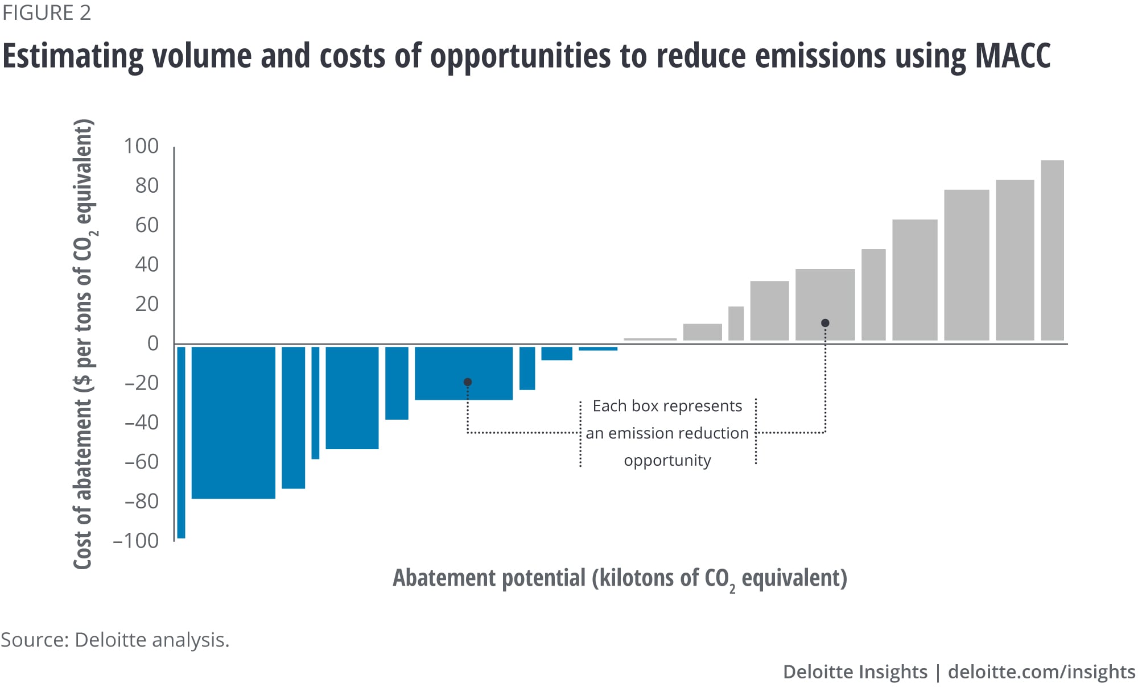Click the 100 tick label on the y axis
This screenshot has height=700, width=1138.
coord(141,146)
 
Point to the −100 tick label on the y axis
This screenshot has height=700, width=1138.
coord(136,541)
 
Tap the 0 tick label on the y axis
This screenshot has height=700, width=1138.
coord(152,343)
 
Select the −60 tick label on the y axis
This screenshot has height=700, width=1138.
coord(142,462)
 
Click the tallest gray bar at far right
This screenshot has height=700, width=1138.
coord(1052,250)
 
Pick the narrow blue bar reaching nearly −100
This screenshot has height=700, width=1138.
coord(181,442)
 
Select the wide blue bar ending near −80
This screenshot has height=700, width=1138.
coord(233,423)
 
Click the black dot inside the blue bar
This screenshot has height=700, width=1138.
coord(468,382)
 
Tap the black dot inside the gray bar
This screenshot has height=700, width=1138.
coord(825,323)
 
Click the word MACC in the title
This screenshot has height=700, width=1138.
coord(1013,56)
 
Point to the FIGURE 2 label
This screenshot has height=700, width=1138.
coord(47,13)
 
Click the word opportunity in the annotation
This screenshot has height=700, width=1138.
coord(667,460)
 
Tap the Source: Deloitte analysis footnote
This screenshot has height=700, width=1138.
coord(115,640)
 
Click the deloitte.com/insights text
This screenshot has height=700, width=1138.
coord(1041,672)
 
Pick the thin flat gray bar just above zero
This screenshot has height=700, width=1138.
coord(650,339)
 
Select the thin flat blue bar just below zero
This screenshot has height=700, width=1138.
coord(598,349)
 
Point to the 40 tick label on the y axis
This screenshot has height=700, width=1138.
coord(147,264)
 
